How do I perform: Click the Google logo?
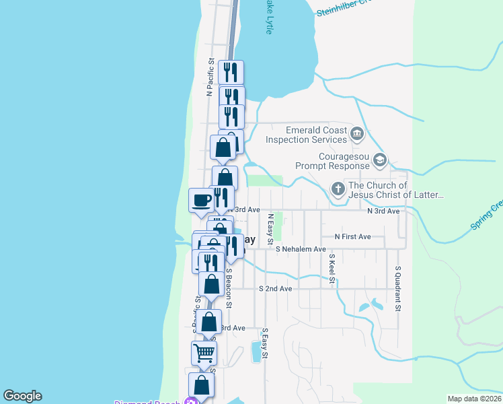(22, 397)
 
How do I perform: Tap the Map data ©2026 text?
(475, 399)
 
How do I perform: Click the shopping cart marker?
(204, 351)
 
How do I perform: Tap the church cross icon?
(338, 190)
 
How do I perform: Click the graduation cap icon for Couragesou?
(380, 160)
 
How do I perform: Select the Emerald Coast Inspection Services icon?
(357, 135)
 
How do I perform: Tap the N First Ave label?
(353, 237)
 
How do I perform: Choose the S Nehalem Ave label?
(301, 249)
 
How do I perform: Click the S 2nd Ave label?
(276, 288)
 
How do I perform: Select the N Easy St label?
(270, 229)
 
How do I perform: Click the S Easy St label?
(266, 343)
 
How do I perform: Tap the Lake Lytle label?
(269, 16)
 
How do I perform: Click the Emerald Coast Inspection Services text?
(307, 135)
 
